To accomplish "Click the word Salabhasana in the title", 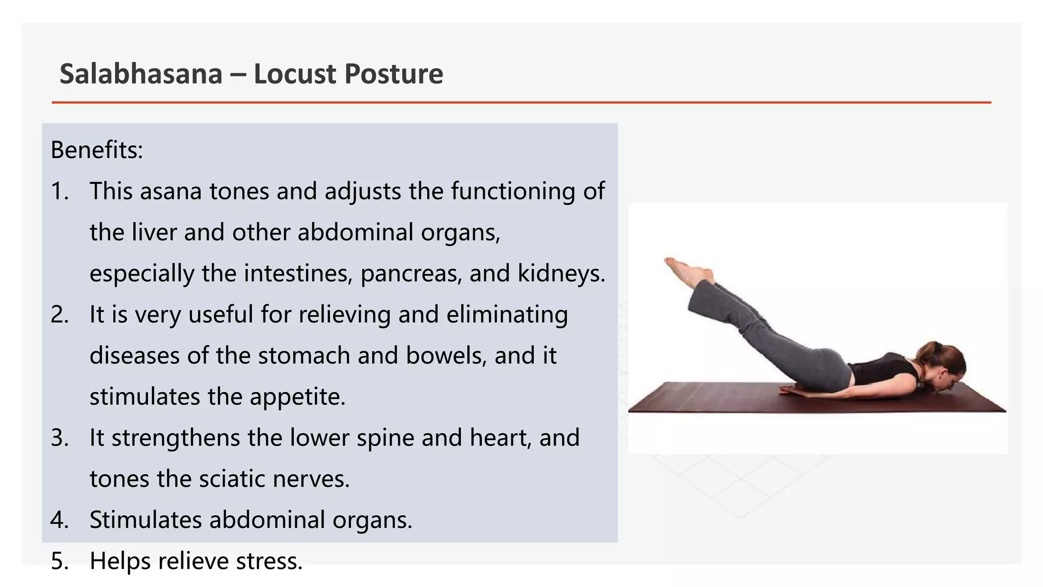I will click(141, 74).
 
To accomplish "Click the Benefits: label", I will click(97, 150).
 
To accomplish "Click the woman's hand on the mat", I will click(794, 391).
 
